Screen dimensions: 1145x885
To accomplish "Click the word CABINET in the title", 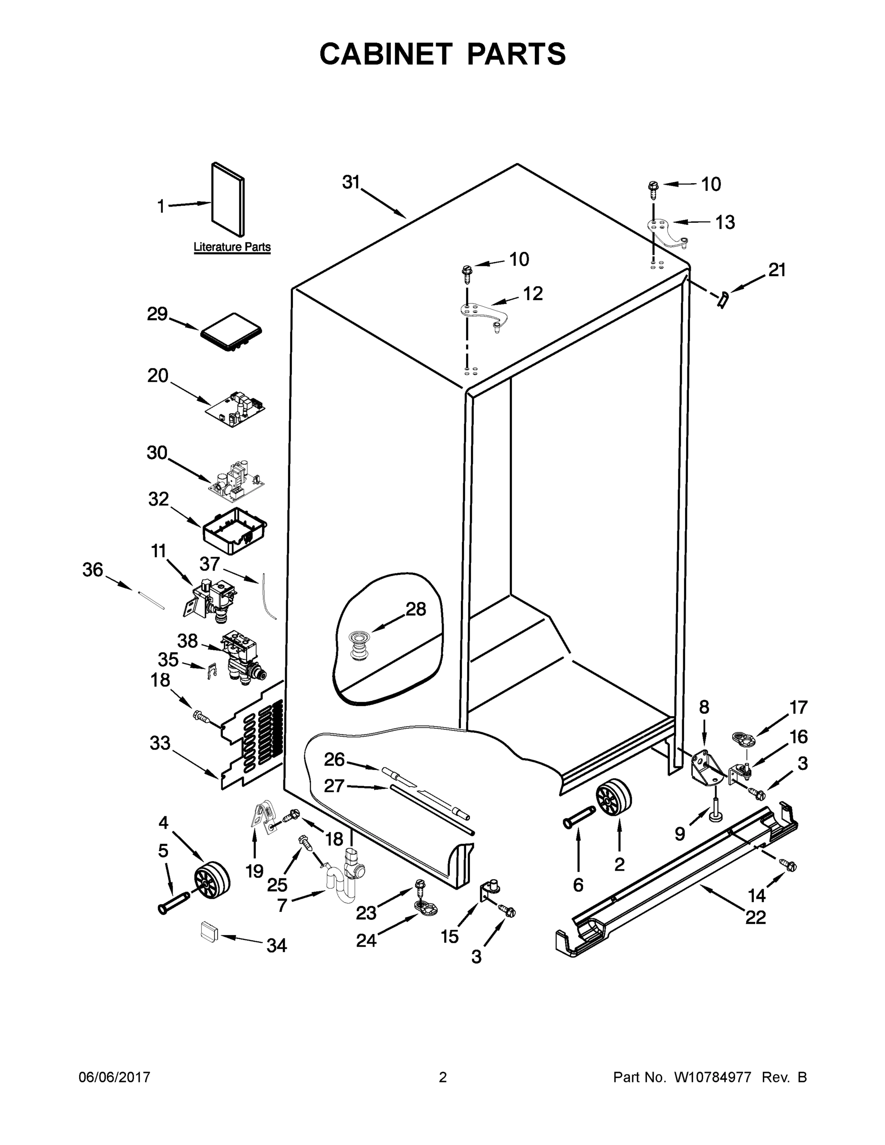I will (x=385, y=54).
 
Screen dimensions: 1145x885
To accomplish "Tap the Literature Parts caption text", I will (x=232, y=247).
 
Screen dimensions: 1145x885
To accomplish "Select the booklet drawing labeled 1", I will (x=228, y=199).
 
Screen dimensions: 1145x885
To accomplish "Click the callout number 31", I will (x=351, y=182).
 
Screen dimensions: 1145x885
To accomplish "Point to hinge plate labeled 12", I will (x=481, y=315).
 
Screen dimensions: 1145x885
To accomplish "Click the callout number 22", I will (x=755, y=917).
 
